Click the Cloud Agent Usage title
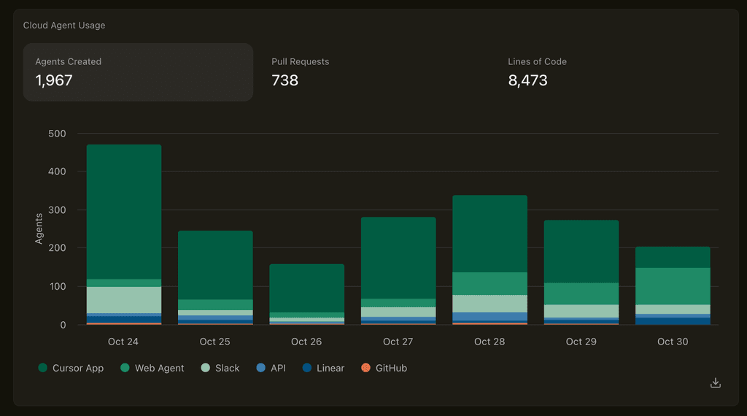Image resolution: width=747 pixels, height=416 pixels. pos(64,26)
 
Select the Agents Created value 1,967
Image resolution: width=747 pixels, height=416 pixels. pos(54,80)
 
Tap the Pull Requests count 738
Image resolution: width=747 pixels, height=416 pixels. pos(285,80)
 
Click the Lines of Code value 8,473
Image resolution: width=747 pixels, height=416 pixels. pos(527,80)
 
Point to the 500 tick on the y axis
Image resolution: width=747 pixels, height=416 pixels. pos(57,134)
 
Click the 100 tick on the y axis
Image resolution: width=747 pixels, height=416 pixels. pos(57,287)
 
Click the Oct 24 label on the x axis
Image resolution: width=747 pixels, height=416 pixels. pos(123,342)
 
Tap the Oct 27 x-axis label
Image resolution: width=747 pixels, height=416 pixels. pos(398,342)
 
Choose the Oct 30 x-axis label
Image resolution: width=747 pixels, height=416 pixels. pos(673,342)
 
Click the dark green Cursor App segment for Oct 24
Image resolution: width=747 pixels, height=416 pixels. pos(124,212)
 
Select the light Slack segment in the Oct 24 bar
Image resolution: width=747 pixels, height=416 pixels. pos(124,299)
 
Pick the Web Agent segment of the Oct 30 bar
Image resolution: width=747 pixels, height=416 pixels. pos(673,286)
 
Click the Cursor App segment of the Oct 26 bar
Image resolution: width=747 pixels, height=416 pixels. pos(307,288)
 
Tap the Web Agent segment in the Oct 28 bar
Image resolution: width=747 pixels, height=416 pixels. pos(489,283)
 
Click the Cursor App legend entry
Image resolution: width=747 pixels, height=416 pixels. pos(71,369)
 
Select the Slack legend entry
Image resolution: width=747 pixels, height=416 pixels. pos(220,369)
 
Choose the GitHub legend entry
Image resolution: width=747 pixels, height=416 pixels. pos(384,369)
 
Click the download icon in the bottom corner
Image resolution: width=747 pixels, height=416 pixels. pos(716,383)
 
